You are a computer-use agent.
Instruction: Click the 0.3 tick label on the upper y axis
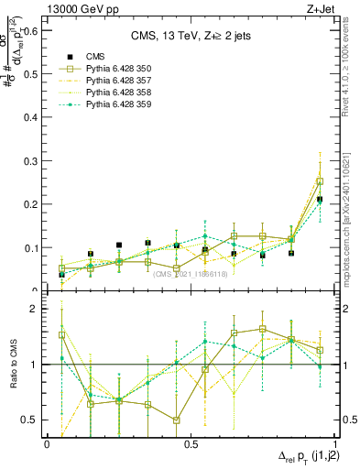coord(30,161)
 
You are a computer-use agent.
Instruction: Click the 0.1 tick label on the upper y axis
coord(30,248)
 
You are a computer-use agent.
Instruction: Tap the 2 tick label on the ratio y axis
coord(36,309)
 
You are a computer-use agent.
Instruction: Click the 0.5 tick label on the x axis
coord(191,443)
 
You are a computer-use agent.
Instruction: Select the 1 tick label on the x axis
coord(334,443)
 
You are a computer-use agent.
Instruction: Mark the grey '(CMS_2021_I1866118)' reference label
coord(190,274)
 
